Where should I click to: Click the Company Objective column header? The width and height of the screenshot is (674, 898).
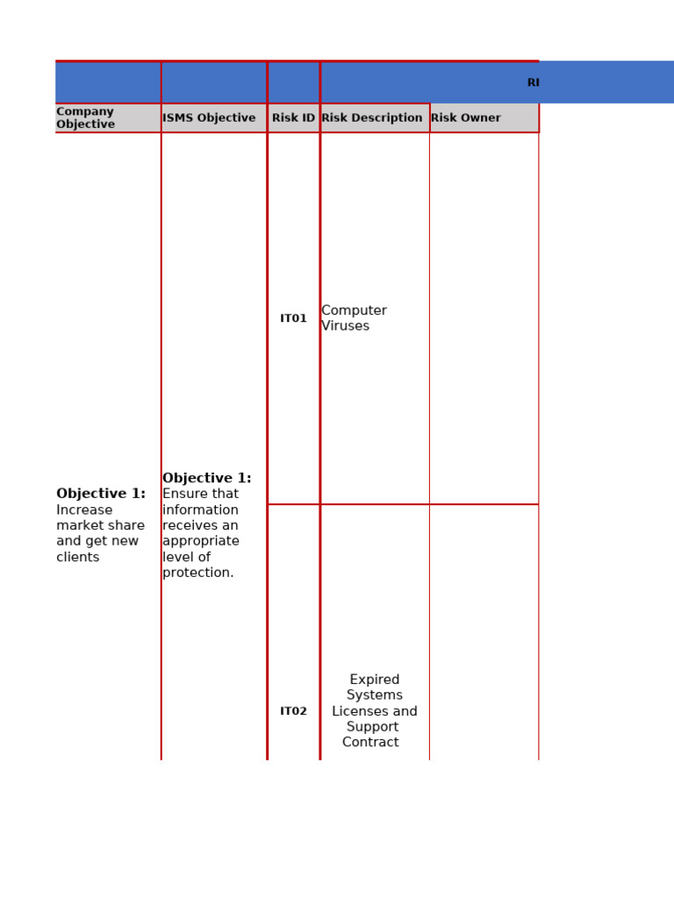(x=85, y=118)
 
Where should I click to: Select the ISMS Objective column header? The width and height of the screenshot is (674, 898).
(x=209, y=118)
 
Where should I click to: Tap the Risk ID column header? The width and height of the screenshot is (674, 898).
(x=293, y=118)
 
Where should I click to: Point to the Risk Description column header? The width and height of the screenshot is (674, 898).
(x=372, y=118)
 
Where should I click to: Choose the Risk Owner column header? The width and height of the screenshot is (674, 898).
(x=466, y=118)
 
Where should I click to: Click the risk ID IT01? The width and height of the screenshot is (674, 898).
(x=293, y=318)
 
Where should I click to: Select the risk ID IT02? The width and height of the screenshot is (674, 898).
(x=293, y=711)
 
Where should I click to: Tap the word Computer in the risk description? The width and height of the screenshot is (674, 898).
(x=354, y=310)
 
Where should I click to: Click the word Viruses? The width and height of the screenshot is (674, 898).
(x=345, y=326)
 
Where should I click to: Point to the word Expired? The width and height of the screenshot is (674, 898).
(x=375, y=680)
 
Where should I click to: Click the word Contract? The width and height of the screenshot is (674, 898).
(x=370, y=743)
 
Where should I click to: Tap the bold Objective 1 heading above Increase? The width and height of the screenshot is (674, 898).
(x=101, y=494)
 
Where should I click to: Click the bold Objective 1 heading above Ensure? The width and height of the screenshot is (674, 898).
(x=206, y=478)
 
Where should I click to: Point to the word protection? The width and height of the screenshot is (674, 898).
(x=198, y=573)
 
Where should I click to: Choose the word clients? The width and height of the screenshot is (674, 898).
(x=78, y=557)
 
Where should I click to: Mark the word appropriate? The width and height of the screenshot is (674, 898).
(x=201, y=541)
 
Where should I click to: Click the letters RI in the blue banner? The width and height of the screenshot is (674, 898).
(x=534, y=82)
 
